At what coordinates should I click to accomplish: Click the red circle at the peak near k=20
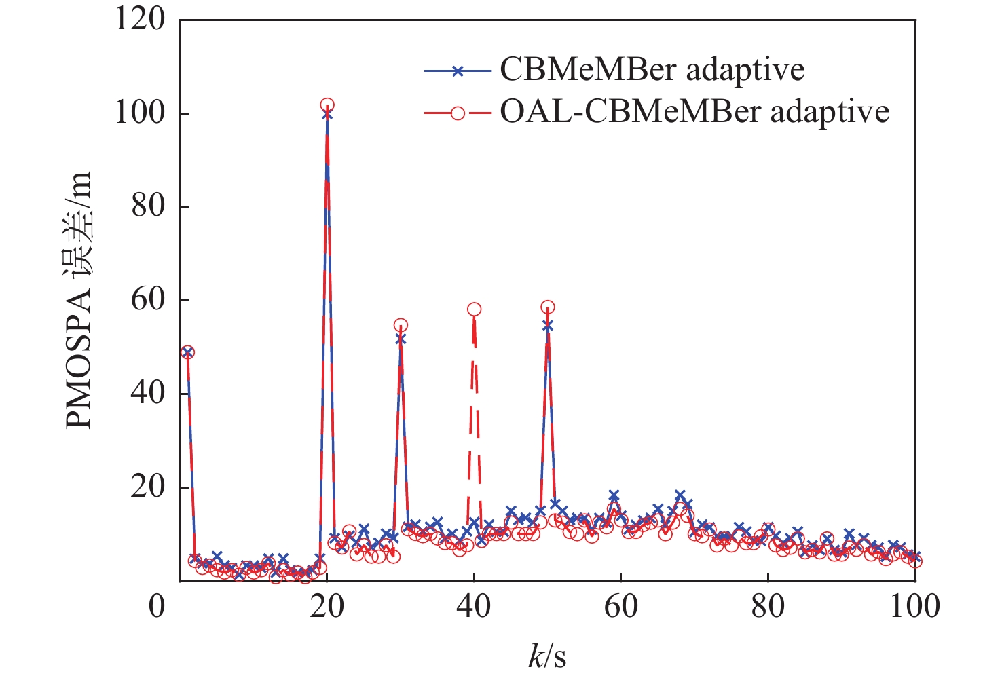click(327, 105)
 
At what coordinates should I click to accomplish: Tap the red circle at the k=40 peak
click(474, 309)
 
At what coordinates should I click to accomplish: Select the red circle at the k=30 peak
click(401, 326)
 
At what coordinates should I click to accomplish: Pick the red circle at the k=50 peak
click(548, 307)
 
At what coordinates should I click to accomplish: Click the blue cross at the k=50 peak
click(548, 326)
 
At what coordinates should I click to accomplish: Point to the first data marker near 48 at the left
click(188, 352)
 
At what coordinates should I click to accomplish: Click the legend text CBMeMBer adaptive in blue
click(652, 70)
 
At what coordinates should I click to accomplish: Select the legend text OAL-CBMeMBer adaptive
click(694, 111)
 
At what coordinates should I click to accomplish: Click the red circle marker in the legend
click(458, 112)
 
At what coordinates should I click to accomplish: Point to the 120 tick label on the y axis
click(140, 19)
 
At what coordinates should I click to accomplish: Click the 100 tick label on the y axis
click(140, 113)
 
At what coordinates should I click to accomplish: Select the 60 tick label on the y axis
click(148, 300)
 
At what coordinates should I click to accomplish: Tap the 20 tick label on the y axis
click(148, 487)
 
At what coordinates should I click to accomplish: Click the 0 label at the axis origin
click(157, 605)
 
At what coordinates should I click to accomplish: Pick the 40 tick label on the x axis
click(474, 605)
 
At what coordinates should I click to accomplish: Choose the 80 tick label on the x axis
click(768, 605)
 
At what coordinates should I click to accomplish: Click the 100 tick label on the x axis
click(914, 605)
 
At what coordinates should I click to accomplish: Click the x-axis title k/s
click(547, 656)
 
